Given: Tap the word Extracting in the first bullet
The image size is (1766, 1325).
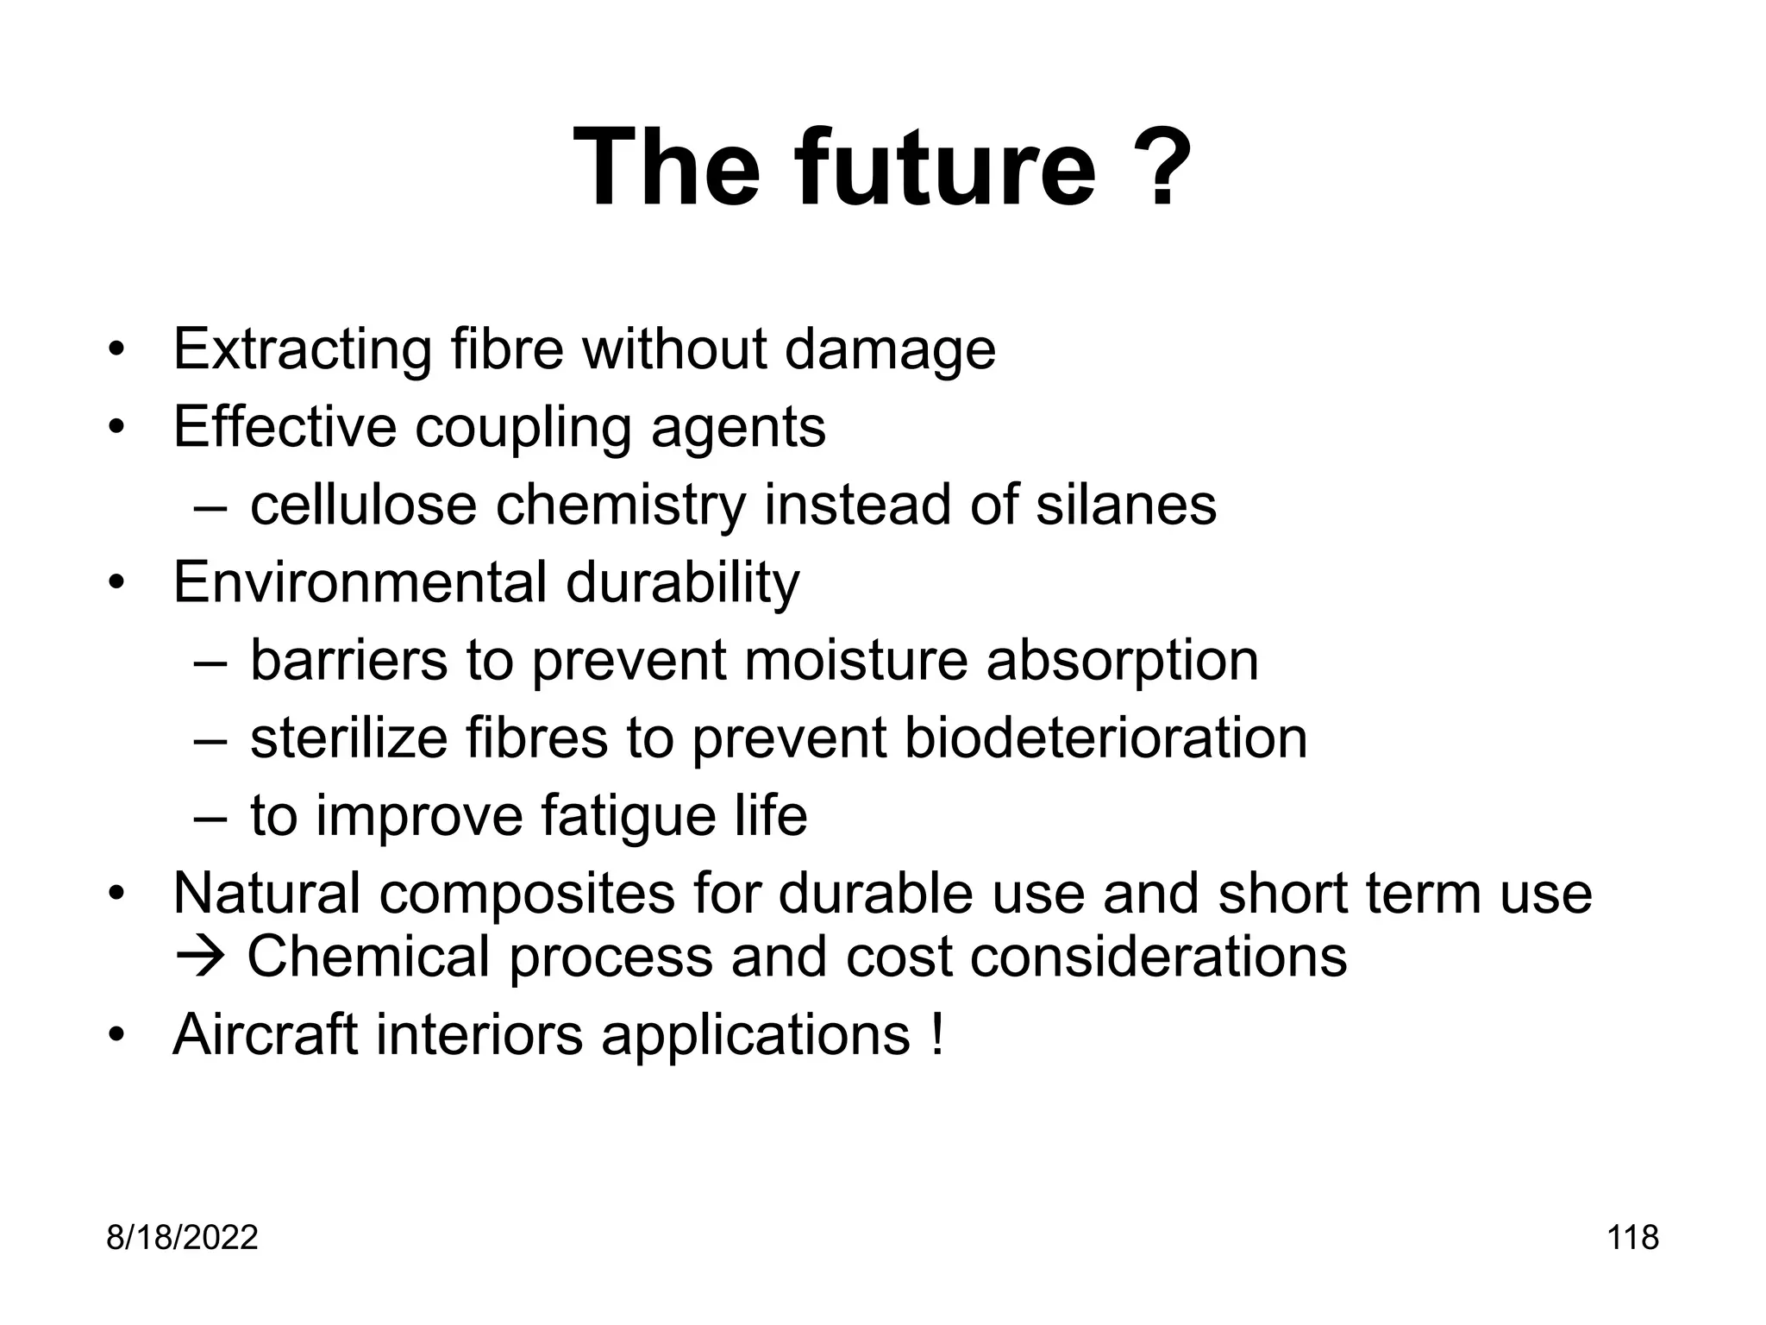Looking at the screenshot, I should pyautogui.click(x=302, y=349).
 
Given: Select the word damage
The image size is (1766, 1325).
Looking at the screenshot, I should pyautogui.click(x=890, y=349).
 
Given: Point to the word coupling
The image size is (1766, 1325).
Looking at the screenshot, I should pyautogui.click(x=523, y=427).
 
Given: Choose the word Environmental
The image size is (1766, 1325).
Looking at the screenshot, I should pyautogui.click(x=360, y=582).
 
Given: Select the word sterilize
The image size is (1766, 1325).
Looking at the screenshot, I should pyautogui.click(x=348, y=738).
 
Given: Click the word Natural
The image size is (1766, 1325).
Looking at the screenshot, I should pyautogui.click(x=266, y=893).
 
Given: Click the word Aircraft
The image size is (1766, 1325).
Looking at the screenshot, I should pyautogui.click(x=265, y=1033).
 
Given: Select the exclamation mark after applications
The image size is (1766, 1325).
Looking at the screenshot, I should pyautogui.click(x=937, y=1033).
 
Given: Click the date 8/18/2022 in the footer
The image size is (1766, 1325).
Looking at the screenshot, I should pyautogui.click(x=182, y=1238).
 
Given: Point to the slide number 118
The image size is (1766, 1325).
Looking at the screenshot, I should pyautogui.click(x=1633, y=1238).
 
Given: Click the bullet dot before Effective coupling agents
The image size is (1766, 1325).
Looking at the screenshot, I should pyautogui.click(x=116, y=427).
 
